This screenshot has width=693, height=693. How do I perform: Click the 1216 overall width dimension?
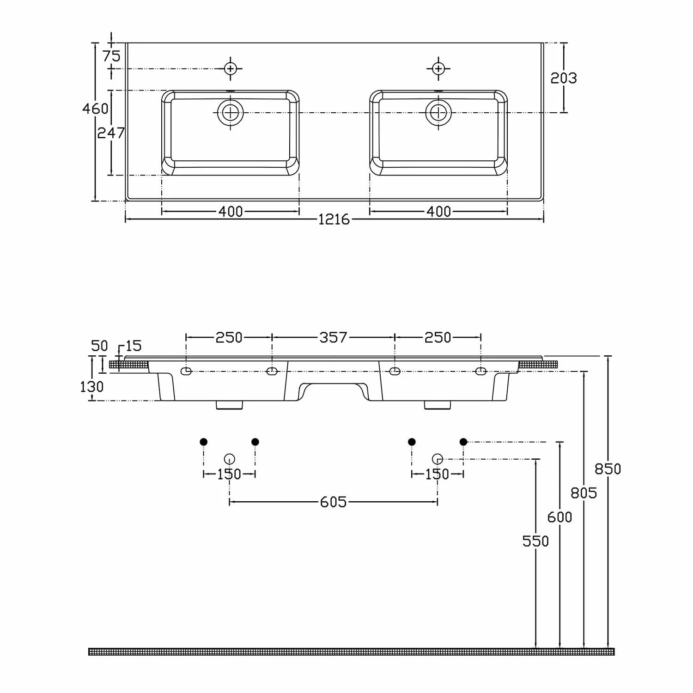[x=334, y=219]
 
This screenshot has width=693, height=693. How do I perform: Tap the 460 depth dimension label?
[x=95, y=109]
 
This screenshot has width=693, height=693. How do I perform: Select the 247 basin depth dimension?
[x=111, y=133]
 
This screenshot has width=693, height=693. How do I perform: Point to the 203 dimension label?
[x=564, y=78]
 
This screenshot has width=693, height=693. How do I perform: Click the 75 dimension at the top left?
[x=111, y=56]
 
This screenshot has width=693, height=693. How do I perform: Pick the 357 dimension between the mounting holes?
[x=333, y=337]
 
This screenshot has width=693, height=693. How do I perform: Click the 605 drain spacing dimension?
[x=333, y=502]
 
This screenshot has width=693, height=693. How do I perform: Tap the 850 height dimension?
[x=608, y=469]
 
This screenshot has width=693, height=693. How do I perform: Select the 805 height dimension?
[x=584, y=493]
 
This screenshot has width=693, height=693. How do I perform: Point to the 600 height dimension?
[x=559, y=517]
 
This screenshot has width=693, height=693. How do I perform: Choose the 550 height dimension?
[x=535, y=541]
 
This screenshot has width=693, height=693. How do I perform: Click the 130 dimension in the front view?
[x=91, y=386]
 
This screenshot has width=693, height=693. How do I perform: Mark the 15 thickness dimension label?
[x=133, y=346]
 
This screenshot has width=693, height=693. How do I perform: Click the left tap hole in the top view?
[x=231, y=69]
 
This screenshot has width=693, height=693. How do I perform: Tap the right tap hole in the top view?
[x=438, y=69]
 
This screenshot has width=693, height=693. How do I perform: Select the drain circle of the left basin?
[x=231, y=112]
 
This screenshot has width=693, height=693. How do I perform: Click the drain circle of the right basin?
[x=438, y=112]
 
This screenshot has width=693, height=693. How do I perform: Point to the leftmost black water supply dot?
[x=203, y=442]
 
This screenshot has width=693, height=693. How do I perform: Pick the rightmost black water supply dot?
[x=463, y=442]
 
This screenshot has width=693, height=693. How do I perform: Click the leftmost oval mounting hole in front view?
[x=186, y=371]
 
